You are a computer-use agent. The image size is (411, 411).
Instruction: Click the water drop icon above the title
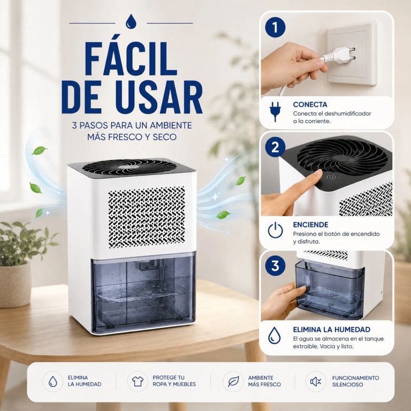131,22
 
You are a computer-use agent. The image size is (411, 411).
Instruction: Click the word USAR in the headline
159,97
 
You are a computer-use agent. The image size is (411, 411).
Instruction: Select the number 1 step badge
275,28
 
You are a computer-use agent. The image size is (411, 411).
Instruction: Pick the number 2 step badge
275,147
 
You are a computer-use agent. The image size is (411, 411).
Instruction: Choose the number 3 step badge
275,265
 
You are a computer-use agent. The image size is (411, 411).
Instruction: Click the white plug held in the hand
338,55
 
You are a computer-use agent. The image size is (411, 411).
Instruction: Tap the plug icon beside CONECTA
275,111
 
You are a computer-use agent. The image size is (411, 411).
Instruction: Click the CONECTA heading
310,104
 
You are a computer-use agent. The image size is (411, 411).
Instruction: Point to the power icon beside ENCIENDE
275,230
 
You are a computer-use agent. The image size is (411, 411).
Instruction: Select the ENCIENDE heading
310,225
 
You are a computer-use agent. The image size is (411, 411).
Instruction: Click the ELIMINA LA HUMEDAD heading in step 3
332,330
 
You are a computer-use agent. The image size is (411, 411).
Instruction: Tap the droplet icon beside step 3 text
274,335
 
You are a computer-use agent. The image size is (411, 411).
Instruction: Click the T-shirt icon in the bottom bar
138,381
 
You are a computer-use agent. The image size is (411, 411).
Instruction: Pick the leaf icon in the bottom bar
233,382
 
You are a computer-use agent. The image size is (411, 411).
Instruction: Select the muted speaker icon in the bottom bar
316,382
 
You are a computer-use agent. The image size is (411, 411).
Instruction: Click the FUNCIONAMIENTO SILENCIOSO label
355,381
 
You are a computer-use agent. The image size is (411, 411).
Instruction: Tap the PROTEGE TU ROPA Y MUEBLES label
174,381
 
